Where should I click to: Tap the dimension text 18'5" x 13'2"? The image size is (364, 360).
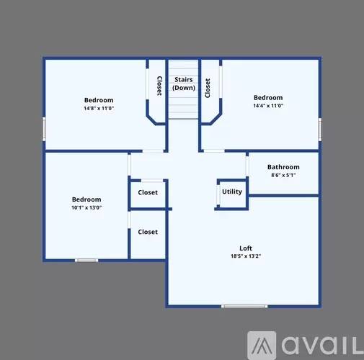coord(245,256)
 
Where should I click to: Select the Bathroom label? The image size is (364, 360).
coord(283,167)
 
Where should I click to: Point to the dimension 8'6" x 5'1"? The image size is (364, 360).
coord(283,175)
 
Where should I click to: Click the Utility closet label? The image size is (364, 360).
coord(232,192)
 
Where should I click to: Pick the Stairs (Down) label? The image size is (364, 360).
coord(183,84)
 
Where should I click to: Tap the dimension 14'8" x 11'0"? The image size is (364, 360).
coord(99,108)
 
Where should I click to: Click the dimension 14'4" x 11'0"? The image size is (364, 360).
coord(267,105)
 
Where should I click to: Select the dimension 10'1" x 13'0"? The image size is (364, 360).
coord(86,207)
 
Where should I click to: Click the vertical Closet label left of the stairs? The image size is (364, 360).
coord(159,86)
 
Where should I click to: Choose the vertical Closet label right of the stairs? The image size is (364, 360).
coord(208,88)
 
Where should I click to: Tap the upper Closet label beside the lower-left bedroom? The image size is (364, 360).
coord(148,192)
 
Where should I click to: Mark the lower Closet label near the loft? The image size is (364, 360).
coord(148,232)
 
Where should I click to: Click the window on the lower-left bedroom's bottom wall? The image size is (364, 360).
coord(86,260)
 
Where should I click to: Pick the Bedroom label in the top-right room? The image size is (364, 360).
coord(267,97)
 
